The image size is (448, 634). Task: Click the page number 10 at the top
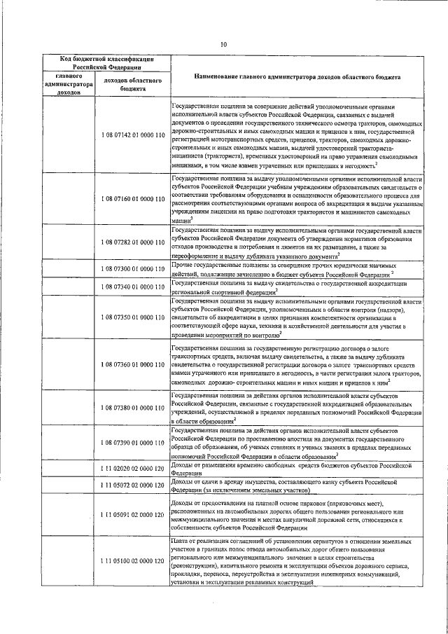[224, 46]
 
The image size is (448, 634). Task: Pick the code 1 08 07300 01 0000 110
[132, 269]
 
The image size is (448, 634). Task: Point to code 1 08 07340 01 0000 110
[132, 287]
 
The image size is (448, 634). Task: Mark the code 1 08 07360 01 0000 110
[132, 364]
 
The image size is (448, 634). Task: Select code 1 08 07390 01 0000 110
[132, 443]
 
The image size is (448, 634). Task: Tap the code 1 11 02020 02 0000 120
[132, 467]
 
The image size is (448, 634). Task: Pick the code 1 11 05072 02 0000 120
[132, 485]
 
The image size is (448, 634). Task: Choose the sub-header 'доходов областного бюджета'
[132, 85]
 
